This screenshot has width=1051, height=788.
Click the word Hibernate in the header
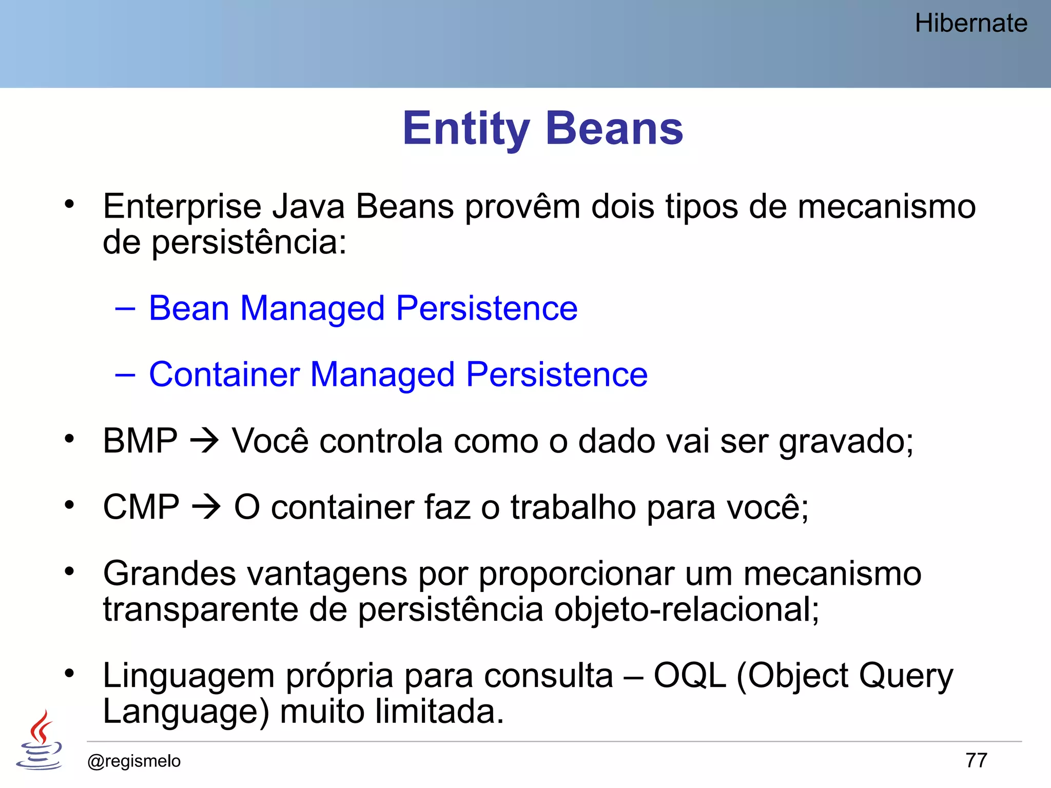click(x=970, y=24)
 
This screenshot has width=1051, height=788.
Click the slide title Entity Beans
click(x=542, y=128)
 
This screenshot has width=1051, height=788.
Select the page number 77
click(x=976, y=760)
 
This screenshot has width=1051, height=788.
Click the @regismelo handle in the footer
click(x=134, y=761)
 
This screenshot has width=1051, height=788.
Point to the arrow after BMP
click(x=204, y=441)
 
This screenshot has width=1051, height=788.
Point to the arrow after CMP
click(x=206, y=507)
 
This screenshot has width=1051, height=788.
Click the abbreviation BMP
click(x=140, y=441)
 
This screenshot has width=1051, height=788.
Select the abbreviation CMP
click(x=141, y=507)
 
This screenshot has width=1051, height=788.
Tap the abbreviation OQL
click(x=689, y=676)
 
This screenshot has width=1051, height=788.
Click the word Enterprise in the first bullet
click(x=182, y=207)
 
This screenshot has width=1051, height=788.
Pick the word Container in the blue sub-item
click(x=224, y=374)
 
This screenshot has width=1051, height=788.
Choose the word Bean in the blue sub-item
click(x=189, y=308)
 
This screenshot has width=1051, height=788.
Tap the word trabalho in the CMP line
click(x=573, y=507)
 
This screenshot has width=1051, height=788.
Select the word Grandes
click(x=169, y=574)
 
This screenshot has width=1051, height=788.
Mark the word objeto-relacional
click(x=686, y=610)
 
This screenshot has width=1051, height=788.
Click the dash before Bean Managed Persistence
click(x=125, y=308)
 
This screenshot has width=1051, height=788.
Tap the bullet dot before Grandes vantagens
click(x=69, y=570)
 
